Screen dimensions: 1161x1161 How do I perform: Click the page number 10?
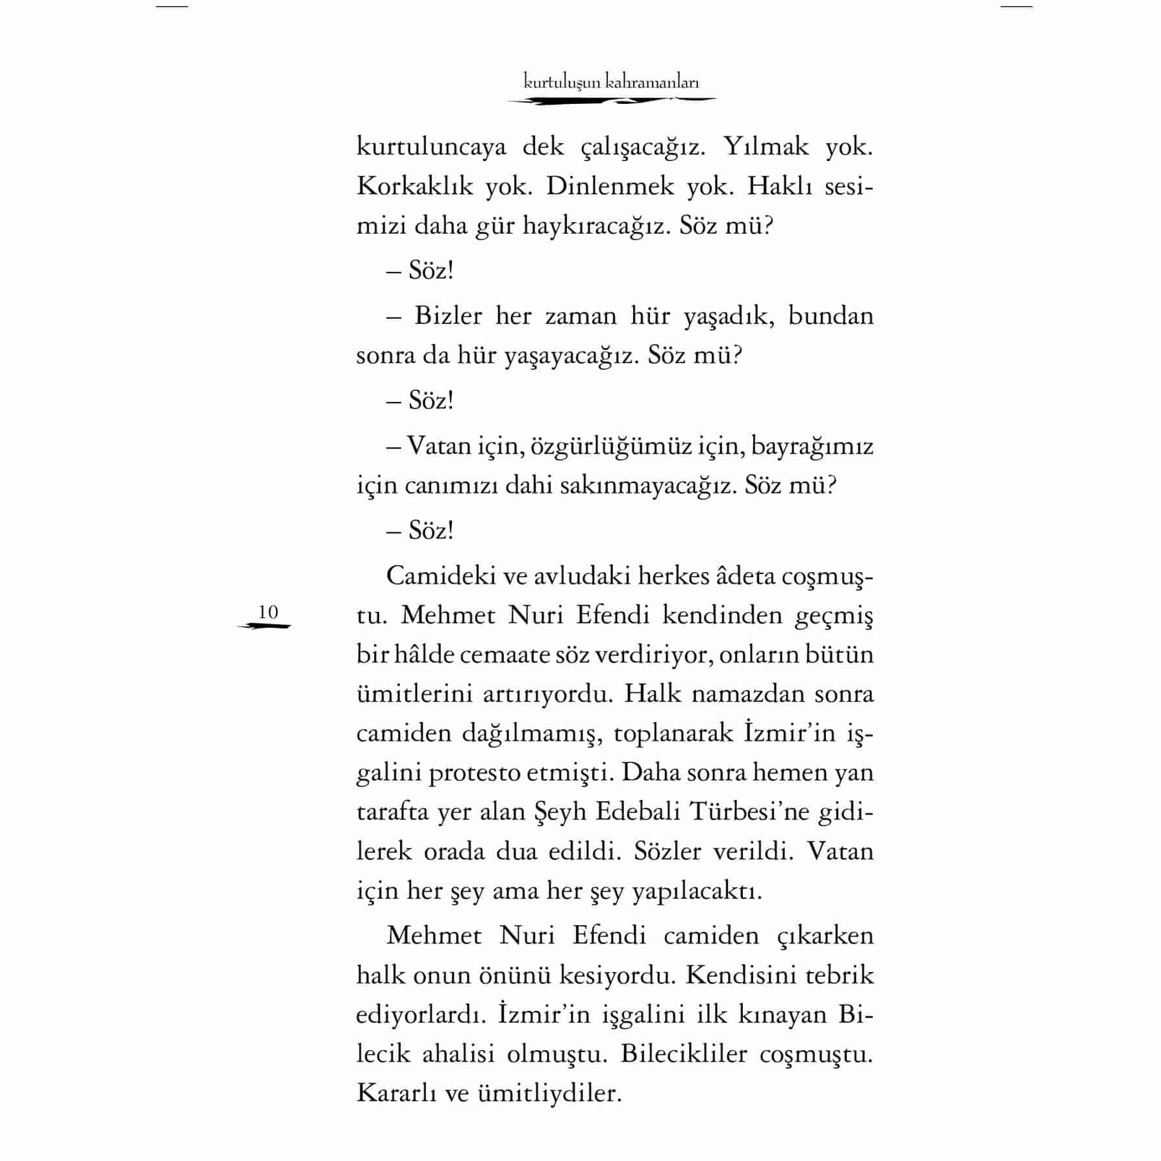coord(268,612)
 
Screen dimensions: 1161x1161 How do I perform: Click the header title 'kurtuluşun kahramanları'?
coord(611,82)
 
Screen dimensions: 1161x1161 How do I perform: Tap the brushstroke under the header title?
coord(611,101)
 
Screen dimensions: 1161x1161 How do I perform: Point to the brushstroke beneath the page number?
coord(264,626)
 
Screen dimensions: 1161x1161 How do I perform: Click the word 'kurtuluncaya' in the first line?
coord(431,147)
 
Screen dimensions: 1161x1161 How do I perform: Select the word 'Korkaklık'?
coord(414,187)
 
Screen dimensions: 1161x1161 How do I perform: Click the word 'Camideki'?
coord(437,576)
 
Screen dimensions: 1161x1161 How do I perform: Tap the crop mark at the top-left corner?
coord(172,6)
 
